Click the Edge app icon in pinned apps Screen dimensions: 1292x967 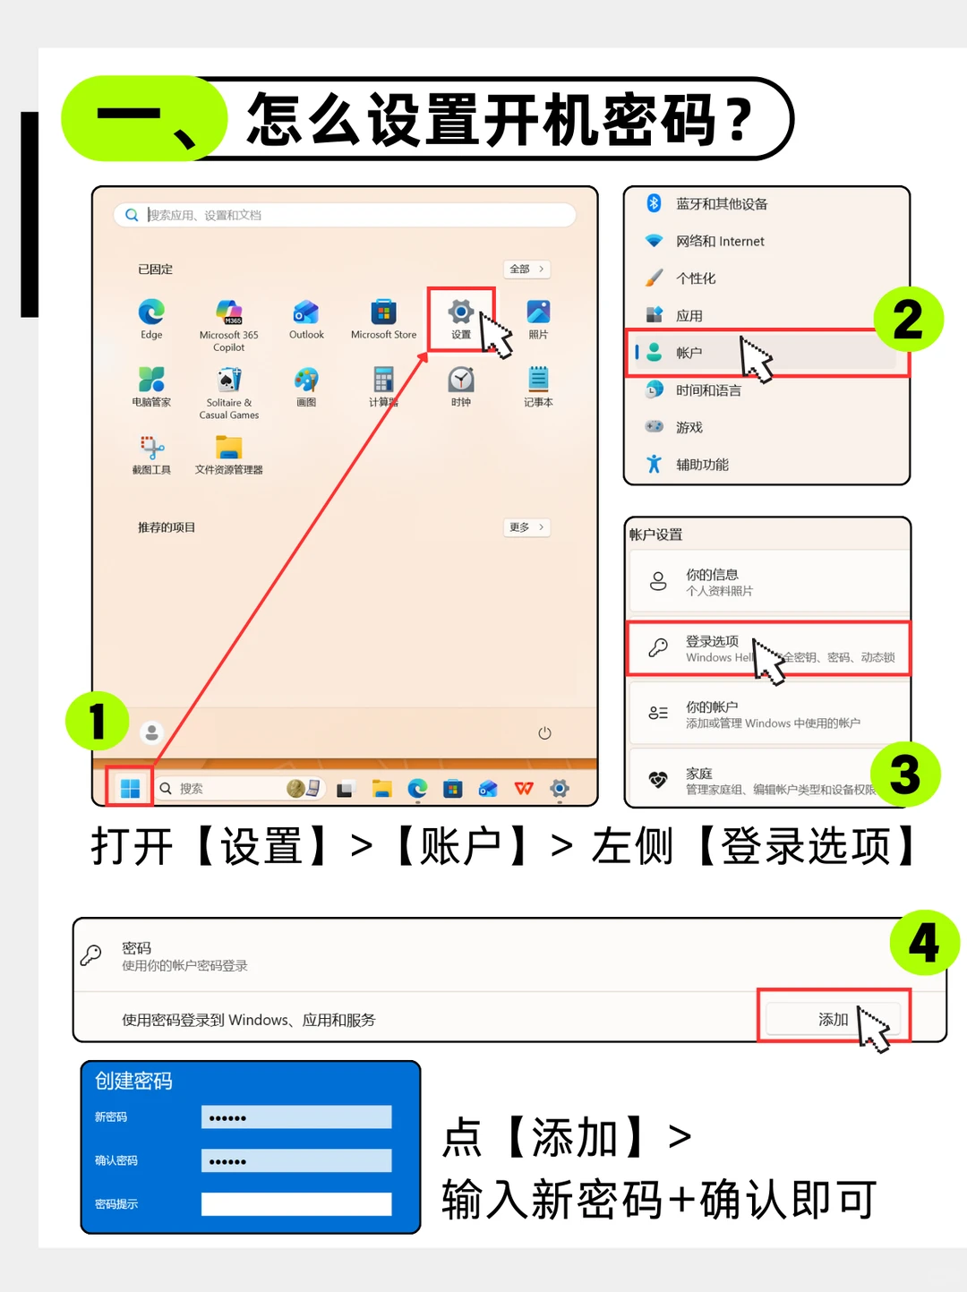pyautogui.click(x=151, y=312)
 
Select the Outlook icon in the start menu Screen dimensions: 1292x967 pyautogui.click(x=306, y=312)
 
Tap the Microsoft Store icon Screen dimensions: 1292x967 pyautogui.click(x=383, y=312)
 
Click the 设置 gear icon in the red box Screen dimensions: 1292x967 pyautogui.click(x=461, y=312)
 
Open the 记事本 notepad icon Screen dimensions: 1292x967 pyautogui.click(x=538, y=380)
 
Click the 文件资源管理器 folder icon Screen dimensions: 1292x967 pyautogui.click(x=229, y=447)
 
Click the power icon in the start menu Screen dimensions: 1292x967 pyautogui.click(x=544, y=733)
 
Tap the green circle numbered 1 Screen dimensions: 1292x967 pyautogui.click(x=97, y=721)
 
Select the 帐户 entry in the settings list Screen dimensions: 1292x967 pyautogui.click(x=689, y=353)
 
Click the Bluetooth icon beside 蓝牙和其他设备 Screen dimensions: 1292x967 pyautogui.click(x=654, y=203)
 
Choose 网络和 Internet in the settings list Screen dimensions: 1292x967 pyautogui.click(x=720, y=241)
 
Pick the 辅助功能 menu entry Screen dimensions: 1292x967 pyautogui.click(x=702, y=464)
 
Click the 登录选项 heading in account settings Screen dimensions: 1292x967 pyautogui.click(x=713, y=641)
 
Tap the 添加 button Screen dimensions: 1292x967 pyautogui.click(x=833, y=1019)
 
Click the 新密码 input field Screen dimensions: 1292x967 pyautogui.click(x=296, y=1117)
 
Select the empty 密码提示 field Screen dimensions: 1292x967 pyautogui.click(x=296, y=1204)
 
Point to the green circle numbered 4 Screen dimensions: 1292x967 pyautogui.click(x=924, y=943)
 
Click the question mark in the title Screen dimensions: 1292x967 pyautogui.click(x=740, y=120)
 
